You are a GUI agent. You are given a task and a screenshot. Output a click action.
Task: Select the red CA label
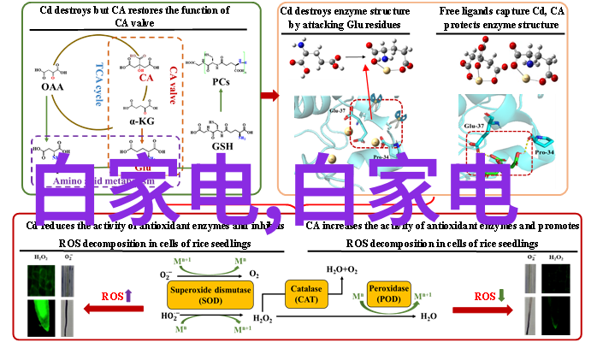[x=145, y=78]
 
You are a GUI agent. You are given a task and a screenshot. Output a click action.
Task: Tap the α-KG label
[x=143, y=121]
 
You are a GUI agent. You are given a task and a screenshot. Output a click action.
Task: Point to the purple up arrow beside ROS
[x=129, y=296]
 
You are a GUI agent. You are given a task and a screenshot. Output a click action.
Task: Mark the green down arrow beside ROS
[x=502, y=296]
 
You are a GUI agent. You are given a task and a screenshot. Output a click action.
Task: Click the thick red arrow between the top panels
[x=269, y=95]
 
